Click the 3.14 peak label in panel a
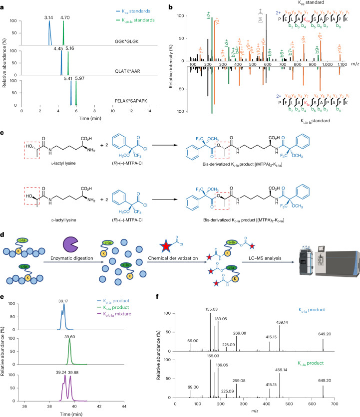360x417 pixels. click(x=48, y=17)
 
